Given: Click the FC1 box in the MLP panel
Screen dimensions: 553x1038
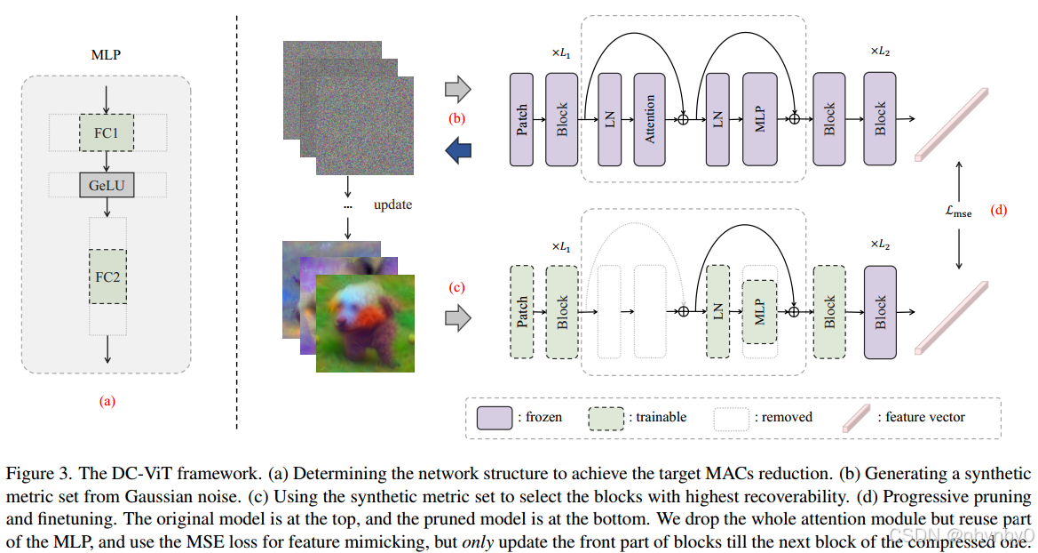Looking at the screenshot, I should (107, 132).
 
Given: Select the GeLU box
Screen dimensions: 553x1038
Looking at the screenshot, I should (107, 185).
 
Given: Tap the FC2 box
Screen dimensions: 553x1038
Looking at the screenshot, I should (107, 276).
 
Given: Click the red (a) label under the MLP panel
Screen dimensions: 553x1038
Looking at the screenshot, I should (107, 401).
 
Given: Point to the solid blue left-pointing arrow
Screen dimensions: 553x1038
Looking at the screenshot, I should (457, 150).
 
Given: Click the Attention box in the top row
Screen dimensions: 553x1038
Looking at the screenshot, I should (650, 119).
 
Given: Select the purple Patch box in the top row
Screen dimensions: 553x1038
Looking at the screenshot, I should (522, 119).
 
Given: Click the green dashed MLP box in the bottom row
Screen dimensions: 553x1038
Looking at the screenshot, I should (759, 311).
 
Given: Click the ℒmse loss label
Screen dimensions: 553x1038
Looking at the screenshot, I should (959, 212).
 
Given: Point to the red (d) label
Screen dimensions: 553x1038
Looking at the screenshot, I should (998, 212).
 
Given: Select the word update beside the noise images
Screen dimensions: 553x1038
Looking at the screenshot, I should (392, 204).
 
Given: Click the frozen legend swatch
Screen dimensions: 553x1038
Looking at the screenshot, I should (495, 417).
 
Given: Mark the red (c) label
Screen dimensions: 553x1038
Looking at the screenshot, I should (457, 287).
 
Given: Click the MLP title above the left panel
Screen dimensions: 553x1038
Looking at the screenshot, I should (107, 55).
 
